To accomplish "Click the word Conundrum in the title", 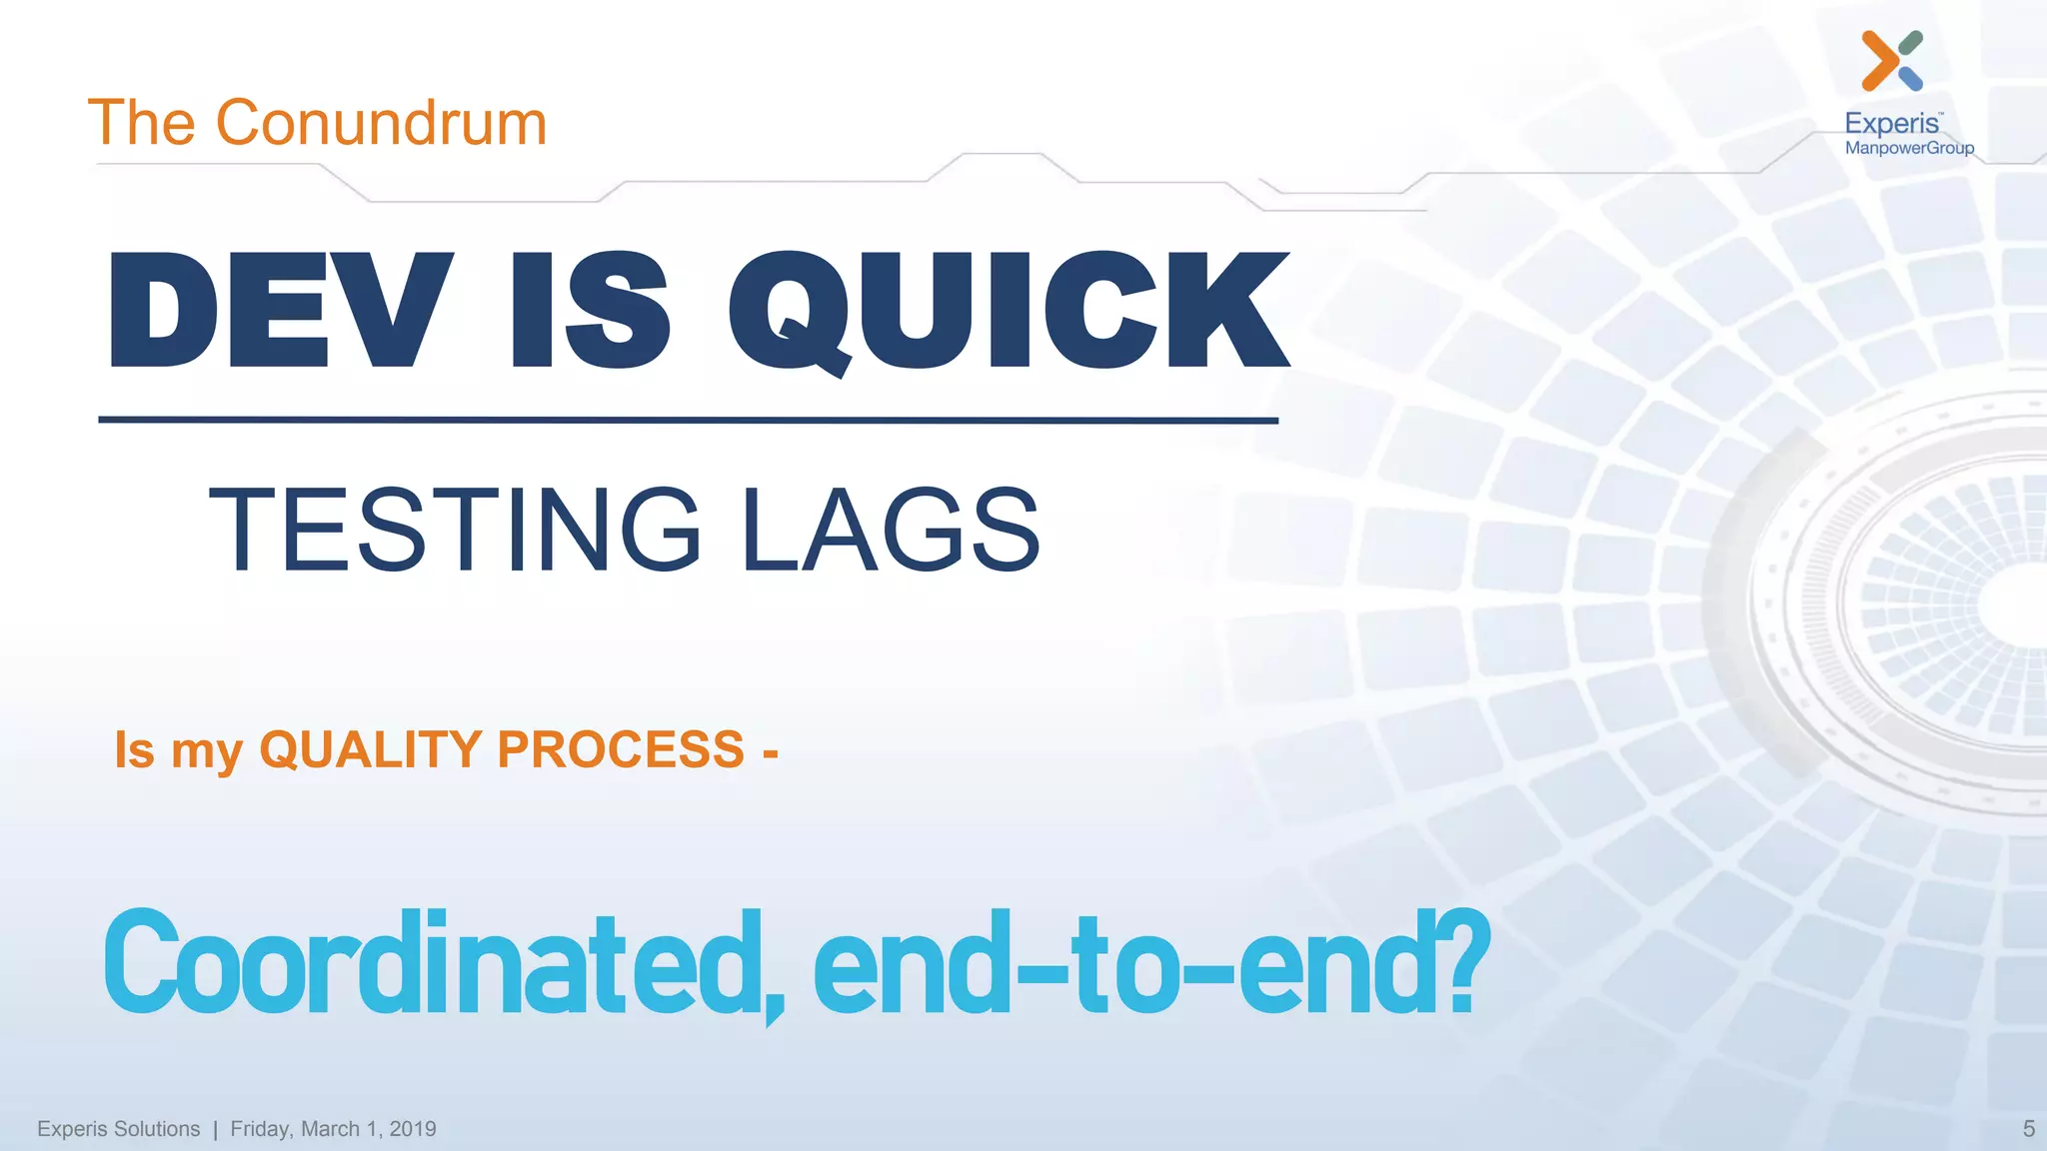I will [x=381, y=124].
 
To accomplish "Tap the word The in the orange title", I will [x=141, y=124].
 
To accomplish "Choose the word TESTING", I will [x=455, y=531].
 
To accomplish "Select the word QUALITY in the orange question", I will [x=371, y=749].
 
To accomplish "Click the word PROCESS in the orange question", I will [x=621, y=749].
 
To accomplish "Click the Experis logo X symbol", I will [x=1891, y=60].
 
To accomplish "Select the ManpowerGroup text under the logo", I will [x=1909, y=148].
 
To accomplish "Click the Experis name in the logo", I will [x=1891, y=124].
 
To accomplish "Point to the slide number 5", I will [x=2028, y=1129].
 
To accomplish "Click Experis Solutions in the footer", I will [x=118, y=1129].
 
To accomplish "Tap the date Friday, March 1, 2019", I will [x=333, y=1129].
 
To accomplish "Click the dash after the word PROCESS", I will [x=770, y=752].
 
